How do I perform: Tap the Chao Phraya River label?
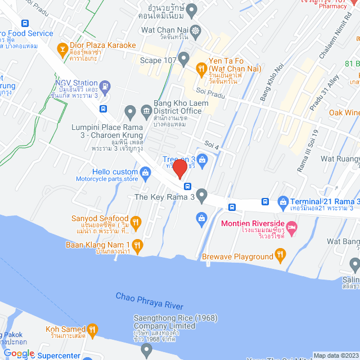click(149, 300)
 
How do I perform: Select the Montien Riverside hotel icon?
click(292, 227)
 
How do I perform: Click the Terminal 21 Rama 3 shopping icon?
click(282, 201)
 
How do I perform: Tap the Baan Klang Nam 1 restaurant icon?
click(137, 245)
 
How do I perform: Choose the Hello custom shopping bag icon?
click(146, 172)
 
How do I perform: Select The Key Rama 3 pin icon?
click(202, 196)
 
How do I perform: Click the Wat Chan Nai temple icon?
click(195, 30)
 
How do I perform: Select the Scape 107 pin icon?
click(183, 57)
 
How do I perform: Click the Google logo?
click(19, 354)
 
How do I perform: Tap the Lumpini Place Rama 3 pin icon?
click(130, 111)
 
